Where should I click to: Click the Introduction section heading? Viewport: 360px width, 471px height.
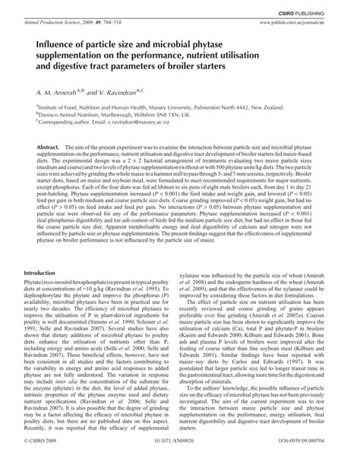[46, 272]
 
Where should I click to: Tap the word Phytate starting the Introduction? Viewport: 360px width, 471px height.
[37, 283]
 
